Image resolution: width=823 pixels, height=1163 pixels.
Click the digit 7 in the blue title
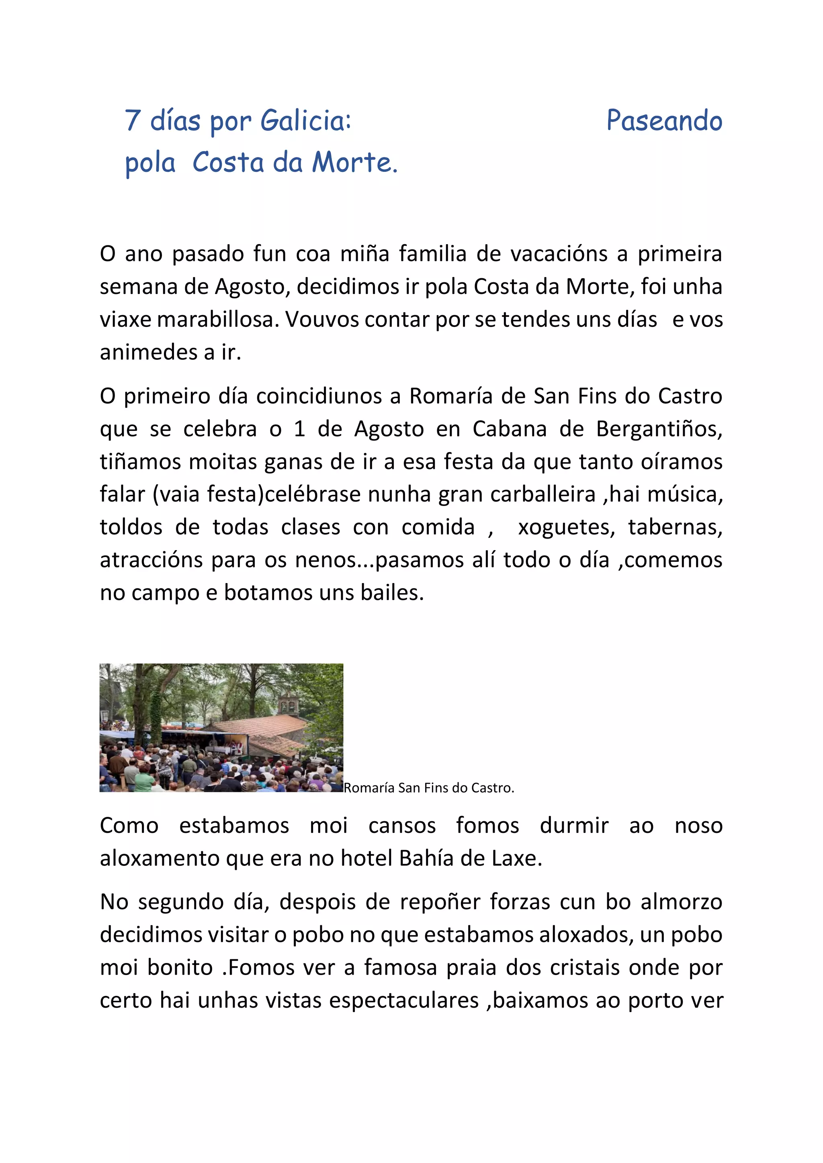point(132,120)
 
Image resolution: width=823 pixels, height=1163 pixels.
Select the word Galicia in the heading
point(305,120)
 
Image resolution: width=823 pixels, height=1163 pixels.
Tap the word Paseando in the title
point(664,120)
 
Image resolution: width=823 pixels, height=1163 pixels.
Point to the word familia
point(432,254)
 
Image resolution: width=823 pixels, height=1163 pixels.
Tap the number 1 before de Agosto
point(299,429)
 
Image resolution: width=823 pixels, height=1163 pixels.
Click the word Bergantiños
point(659,429)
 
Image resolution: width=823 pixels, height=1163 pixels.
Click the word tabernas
point(675,527)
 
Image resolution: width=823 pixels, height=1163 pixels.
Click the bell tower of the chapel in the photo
point(288,703)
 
